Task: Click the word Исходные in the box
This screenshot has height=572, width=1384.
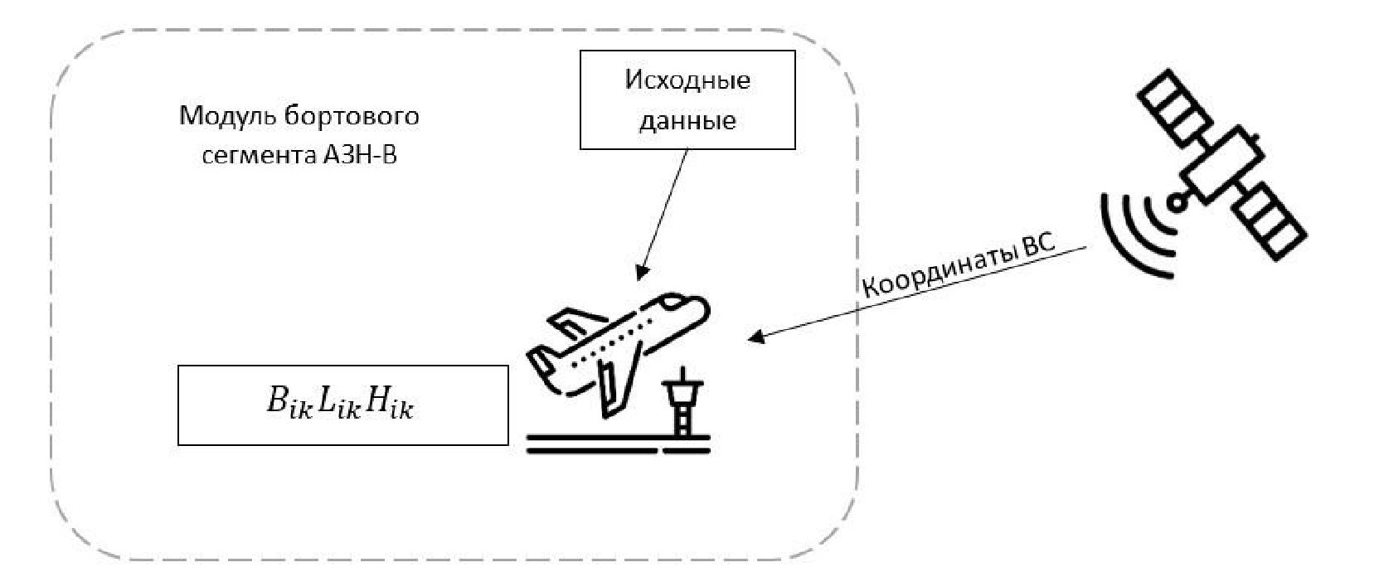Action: point(687,80)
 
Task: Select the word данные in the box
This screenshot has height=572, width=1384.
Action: point(687,120)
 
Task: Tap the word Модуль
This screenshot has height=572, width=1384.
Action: point(217,115)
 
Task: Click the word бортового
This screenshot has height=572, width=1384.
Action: point(352,115)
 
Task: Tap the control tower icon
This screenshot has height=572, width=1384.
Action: point(683,405)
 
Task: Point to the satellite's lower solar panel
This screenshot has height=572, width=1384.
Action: point(1269,221)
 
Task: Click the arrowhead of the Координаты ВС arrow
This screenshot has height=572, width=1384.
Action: point(755,337)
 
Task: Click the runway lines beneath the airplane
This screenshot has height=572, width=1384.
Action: point(619,444)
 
